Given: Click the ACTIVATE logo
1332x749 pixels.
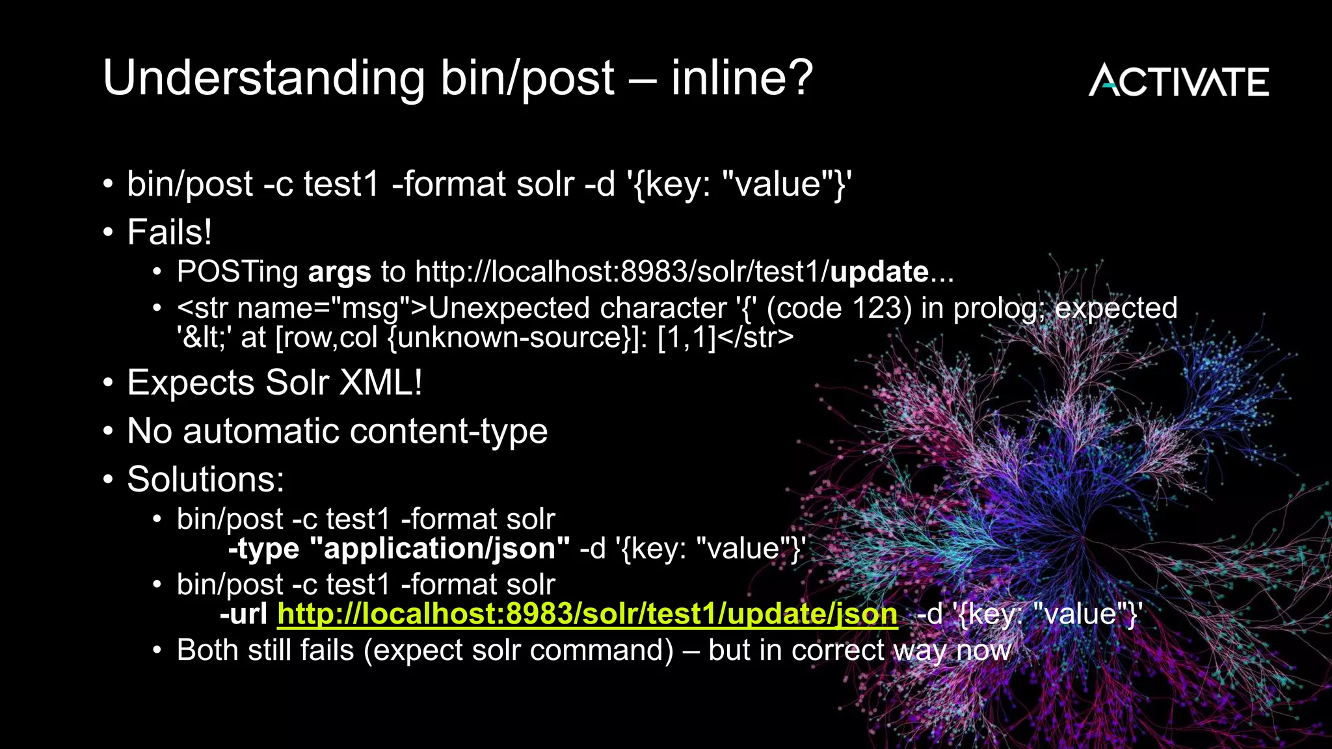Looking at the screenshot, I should point(1179,81).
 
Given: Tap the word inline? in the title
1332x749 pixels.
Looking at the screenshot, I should point(741,77).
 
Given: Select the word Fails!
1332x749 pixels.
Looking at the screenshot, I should point(169,232).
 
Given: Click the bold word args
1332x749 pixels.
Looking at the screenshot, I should point(339,272).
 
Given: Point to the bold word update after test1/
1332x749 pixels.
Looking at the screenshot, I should point(879,272).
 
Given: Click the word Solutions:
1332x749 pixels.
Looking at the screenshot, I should point(206,479).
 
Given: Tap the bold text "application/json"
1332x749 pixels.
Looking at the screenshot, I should point(440,549).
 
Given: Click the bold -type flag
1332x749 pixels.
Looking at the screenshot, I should point(263,549).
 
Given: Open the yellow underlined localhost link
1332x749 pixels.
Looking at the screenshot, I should point(587,614).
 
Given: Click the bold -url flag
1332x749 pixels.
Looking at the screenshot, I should point(243,614).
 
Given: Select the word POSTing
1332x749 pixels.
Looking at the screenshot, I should point(237,272).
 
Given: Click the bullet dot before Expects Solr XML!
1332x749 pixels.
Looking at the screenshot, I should point(108,382).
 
